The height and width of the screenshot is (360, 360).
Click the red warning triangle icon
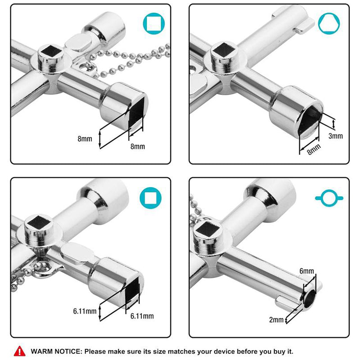(x=19, y=351)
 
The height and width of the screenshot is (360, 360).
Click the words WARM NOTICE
(x=56, y=351)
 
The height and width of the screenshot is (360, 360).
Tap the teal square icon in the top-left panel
(x=154, y=24)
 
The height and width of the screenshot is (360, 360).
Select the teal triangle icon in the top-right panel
(x=329, y=24)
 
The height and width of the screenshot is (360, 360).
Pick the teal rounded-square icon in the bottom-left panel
(x=151, y=198)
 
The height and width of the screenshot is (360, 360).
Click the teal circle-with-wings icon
(x=329, y=198)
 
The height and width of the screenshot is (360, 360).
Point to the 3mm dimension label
(x=335, y=136)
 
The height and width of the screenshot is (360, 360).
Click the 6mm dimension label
(x=306, y=271)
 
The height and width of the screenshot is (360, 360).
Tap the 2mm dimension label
(x=276, y=319)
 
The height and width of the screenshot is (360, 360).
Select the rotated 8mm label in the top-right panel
(x=314, y=149)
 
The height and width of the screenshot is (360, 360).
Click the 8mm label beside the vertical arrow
(x=85, y=139)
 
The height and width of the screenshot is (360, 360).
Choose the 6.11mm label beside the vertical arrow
(x=85, y=311)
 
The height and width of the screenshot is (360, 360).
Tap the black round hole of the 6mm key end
(x=310, y=297)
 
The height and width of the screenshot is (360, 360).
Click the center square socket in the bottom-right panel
(x=208, y=229)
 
